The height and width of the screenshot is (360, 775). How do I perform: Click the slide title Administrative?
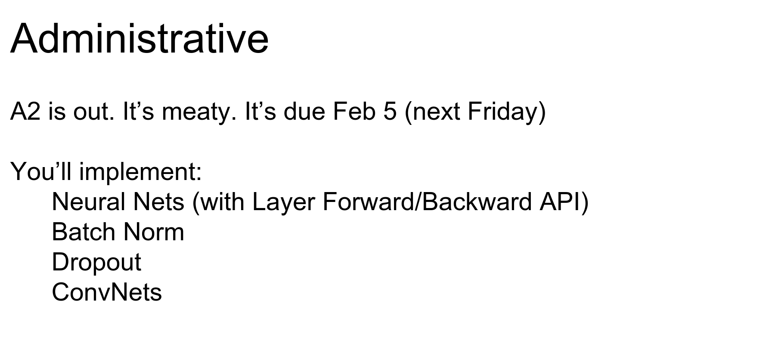tap(139, 38)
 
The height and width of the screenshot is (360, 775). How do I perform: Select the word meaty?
tap(198, 113)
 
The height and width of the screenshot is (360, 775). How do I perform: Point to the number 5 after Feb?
tap(390, 112)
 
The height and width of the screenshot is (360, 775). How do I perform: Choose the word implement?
tap(140, 173)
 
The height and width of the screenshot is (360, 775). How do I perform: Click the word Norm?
tap(154, 232)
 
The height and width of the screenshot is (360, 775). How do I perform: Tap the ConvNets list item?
tap(107, 292)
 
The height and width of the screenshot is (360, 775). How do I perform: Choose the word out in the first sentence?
tap(94, 112)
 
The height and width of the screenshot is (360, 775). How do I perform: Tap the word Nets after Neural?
tap(159, 202)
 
